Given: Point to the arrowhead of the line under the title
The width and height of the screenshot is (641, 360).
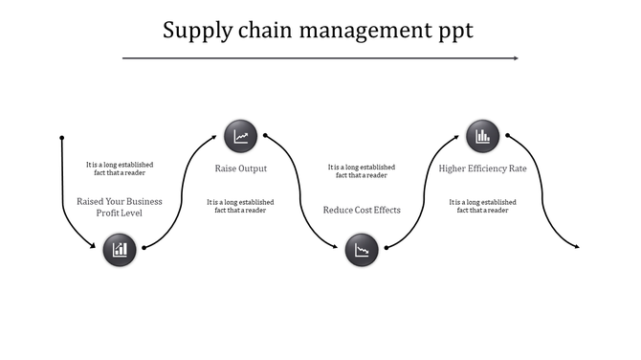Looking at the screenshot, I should click(516, 58).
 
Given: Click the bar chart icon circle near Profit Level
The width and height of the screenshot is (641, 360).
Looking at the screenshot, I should click(120, 250).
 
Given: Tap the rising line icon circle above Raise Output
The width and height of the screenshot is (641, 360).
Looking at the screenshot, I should click(241, 136).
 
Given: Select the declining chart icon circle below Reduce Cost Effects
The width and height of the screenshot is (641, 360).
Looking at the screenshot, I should click(362, 251).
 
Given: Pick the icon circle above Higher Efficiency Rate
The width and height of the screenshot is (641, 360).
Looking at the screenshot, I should click(482, 136).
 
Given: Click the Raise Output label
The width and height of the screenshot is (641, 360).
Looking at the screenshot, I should click(241, 169).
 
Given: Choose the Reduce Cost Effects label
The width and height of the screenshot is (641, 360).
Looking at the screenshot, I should click(362, 210).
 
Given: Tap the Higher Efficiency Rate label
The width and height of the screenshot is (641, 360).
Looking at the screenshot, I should click(482, 169).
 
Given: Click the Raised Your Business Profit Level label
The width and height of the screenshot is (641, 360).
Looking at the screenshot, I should click(120, 207).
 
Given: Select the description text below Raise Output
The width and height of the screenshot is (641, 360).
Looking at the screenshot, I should click(241, 206).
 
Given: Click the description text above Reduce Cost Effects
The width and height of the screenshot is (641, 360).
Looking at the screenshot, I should click(362, 170).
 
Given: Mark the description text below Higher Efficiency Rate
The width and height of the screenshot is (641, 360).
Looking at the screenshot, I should click(482, 206).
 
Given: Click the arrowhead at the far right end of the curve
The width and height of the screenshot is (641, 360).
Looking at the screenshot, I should click(577, 247).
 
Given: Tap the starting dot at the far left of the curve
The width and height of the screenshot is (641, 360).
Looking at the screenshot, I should click(62, 136).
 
